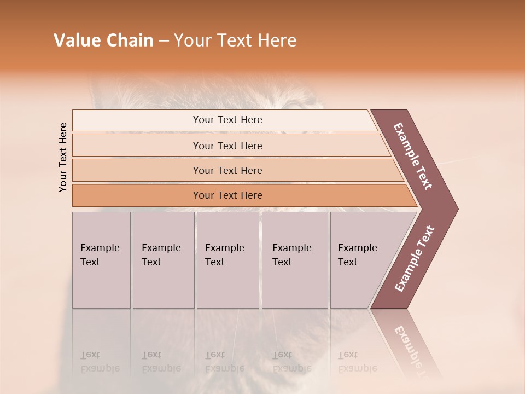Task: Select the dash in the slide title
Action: [164, 41]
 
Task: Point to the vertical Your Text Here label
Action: [63, 157]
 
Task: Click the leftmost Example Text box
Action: [101, 260]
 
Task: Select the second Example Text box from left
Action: [163, 260]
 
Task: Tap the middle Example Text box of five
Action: [227, 260]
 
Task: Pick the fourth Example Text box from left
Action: [295, 260]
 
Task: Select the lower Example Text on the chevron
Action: [415, 259]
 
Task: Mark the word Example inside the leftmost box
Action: [100, 248]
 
